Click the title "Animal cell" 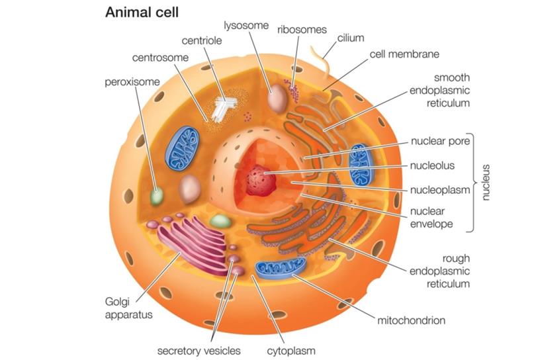pos(142,13)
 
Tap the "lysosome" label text pos(246,26)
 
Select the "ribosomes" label pos(302,30)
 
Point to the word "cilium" pos(351,38)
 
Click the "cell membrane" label pos(404,54)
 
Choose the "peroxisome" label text pos(132,82)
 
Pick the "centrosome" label pos(160,58)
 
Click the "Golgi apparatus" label pos(128,308)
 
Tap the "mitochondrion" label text pos(411,320)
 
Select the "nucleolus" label pos(432,165)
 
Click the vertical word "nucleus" pos(486,182)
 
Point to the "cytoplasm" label pos(291,351)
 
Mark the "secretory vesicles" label pos(199,351)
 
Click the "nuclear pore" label pos(440,141)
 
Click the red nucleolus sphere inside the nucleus pos(261,180)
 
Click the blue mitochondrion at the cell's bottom pos(281,268)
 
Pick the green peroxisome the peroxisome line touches pos(157,196)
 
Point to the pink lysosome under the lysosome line pos(277,99)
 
